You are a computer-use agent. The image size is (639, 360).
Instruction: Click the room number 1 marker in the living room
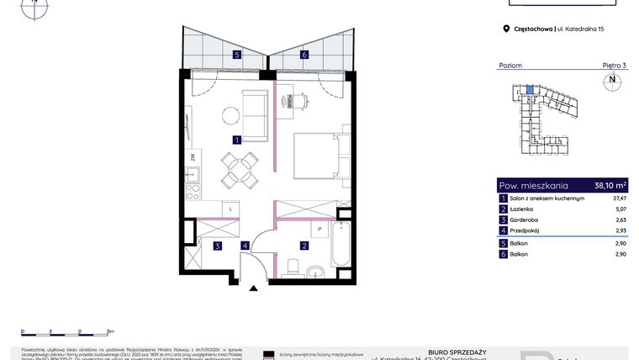[238, 140]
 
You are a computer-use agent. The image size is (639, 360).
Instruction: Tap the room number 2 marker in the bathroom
[304, 246]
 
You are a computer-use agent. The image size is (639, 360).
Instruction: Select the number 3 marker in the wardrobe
[217, 246]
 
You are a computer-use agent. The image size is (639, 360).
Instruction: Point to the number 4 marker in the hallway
[245, 246]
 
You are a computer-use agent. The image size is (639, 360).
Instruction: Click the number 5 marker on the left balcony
[238, 55]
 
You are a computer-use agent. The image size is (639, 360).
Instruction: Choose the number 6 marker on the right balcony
[304, 55]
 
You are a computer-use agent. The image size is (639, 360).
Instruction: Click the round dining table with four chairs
[239, 169]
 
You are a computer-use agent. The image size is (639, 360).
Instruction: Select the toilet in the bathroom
[293, 267]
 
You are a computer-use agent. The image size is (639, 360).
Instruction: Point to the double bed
[319, 157]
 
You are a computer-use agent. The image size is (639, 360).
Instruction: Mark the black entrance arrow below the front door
[253, 289]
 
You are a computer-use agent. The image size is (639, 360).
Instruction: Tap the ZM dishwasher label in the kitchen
[193, 157]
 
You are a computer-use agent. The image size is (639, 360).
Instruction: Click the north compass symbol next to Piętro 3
[612, 82]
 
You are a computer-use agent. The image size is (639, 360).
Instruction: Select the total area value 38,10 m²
[610, 185]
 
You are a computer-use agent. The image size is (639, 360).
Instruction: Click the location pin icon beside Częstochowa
[506, 29]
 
